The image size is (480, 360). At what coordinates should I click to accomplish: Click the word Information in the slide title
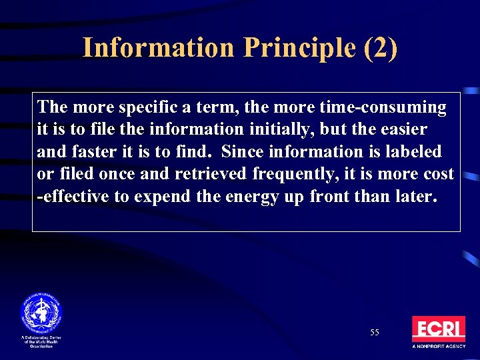158,48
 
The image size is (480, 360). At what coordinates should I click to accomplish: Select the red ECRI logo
438,329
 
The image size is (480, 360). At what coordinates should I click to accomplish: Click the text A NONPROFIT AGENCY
438,347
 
